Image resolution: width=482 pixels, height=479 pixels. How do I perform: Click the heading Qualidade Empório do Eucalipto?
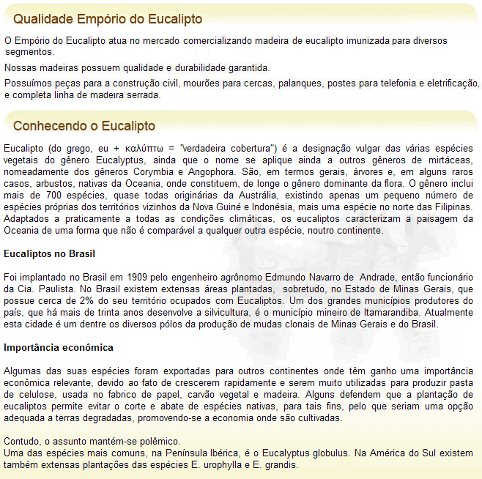coord(108,18)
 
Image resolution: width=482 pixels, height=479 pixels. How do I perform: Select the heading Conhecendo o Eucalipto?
coord(84,126)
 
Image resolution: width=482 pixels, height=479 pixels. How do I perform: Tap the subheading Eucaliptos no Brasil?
coord(49,254)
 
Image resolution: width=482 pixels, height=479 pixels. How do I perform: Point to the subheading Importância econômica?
coord(59,347)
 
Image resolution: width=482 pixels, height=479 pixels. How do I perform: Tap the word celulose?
coord(29,395)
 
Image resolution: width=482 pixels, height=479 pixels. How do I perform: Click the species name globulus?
coord(325,453)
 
